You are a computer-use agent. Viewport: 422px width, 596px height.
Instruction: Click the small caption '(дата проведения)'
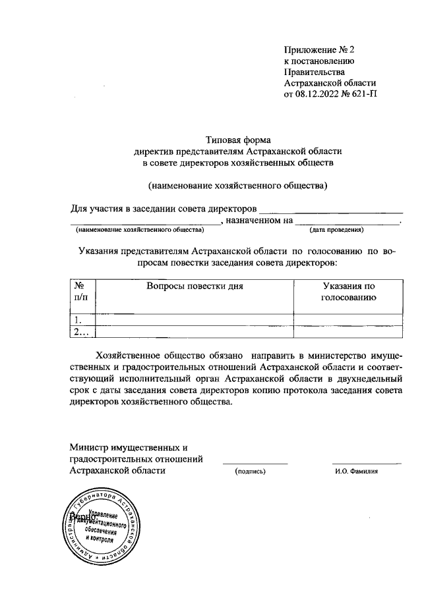(x=336, y=230)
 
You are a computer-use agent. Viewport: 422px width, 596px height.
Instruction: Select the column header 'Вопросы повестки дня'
(x=195, y=286)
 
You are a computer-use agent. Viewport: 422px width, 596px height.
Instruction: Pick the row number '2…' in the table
(x=82, y=333)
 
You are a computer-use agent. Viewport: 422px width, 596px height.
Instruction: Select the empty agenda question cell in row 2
(x=195, y=333)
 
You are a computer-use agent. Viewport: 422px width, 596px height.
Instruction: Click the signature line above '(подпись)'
(x=255, y=464)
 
